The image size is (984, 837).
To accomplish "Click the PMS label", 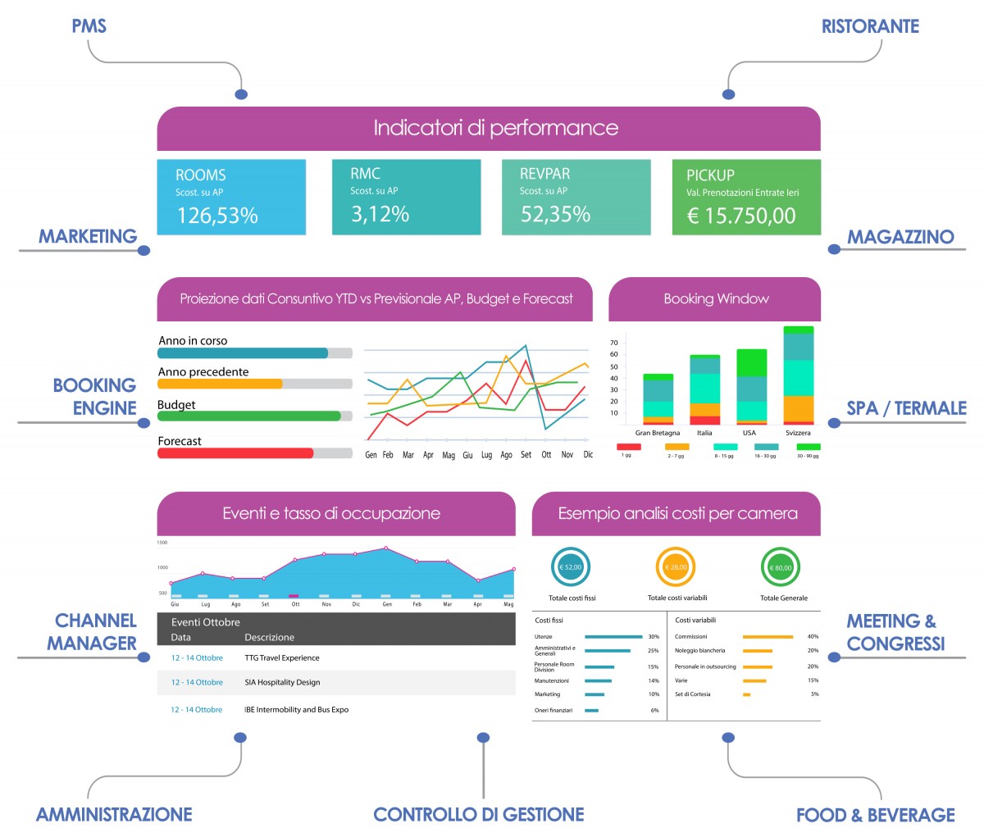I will [89, 25].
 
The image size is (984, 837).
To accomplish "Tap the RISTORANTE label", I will [870, 26].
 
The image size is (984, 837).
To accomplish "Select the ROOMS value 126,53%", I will [217, 216].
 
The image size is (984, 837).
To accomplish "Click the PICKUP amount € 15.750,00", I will [741, 216].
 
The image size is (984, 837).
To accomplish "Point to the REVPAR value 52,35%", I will [555, 214].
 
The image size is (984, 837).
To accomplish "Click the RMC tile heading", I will [365, 174].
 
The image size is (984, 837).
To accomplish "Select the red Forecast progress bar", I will [235, 453].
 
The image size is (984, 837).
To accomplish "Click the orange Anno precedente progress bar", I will [220, 384].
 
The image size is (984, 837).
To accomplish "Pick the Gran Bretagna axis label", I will [658, 433].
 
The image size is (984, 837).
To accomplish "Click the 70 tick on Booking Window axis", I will [613, 343].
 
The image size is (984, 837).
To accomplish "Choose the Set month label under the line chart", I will [526, 455].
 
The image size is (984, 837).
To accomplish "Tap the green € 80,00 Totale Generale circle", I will [781, 567].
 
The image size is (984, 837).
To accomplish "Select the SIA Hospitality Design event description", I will [282, 682].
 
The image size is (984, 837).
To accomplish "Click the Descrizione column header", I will [269, 637].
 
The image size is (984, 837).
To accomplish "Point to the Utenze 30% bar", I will [613, 637].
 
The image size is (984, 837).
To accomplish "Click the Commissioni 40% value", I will [813, 637].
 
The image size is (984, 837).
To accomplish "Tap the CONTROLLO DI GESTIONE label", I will [479, 815].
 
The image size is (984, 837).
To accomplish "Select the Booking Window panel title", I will [716, 299].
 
